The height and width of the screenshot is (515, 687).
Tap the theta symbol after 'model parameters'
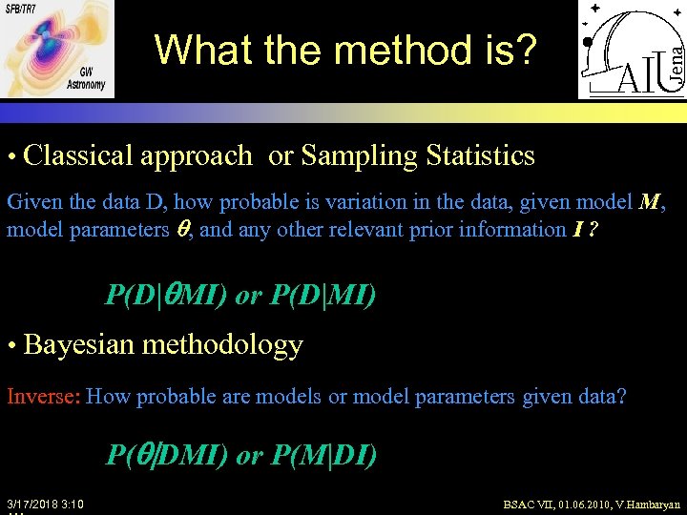coord(186,229)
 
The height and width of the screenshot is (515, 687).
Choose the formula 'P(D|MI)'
coord(323,296)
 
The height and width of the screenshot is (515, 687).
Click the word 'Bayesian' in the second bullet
coord(79,344)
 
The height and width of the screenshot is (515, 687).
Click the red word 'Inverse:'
coord(43,396)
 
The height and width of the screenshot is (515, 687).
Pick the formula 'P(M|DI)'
coord(323,456)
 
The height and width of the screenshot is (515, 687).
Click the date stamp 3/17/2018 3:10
coord(45,504)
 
